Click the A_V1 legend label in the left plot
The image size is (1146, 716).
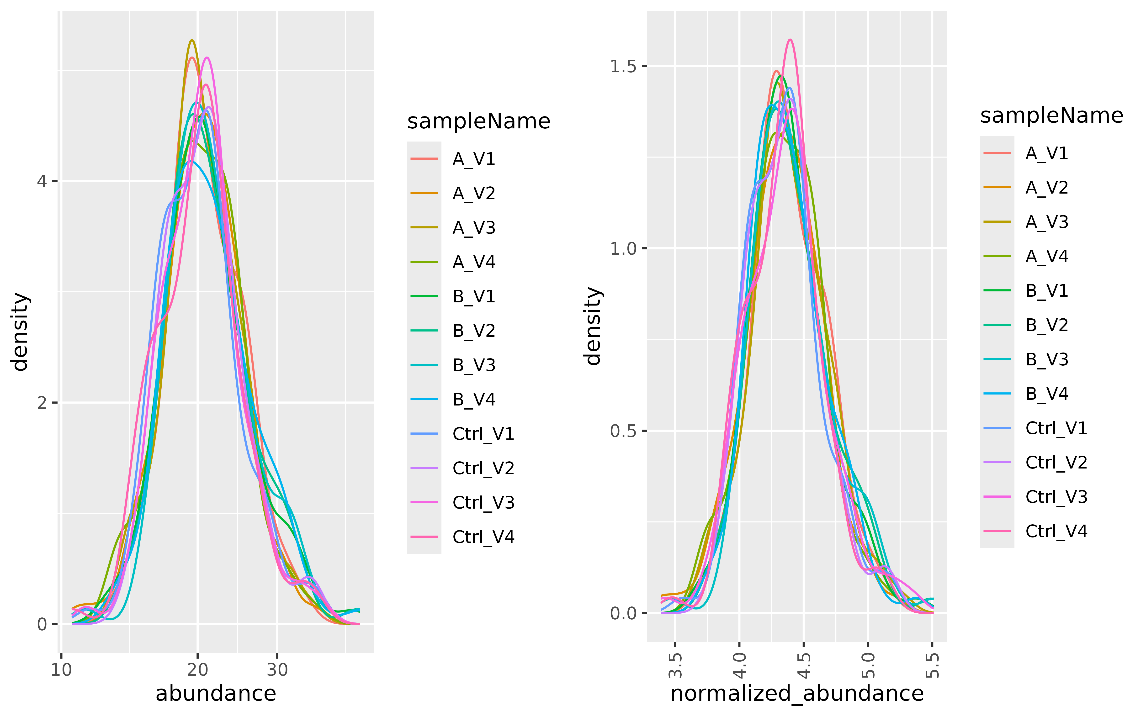473,159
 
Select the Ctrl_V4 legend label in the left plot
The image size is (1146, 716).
483,537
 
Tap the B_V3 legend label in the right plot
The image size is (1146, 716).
1046,359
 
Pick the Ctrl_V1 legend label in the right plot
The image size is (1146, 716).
1056,428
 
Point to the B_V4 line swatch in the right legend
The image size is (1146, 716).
997,394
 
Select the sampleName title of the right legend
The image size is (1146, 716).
1051,116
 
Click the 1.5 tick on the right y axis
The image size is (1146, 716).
623,66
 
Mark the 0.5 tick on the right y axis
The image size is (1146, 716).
623,431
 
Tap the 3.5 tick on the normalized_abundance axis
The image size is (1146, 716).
675,665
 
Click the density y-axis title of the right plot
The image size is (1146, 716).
593,326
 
